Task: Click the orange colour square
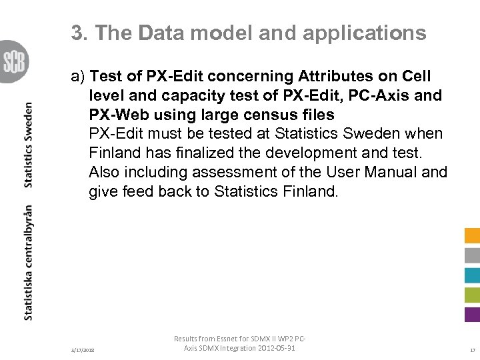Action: pos(472,235)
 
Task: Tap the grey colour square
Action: pos(472,255)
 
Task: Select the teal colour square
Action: pos(472,275)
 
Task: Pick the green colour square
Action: pos(472,295)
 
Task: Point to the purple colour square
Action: pos(472,314)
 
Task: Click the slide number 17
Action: pos(472,350)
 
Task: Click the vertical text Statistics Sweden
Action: pos(29,145)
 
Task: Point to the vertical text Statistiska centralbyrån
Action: pos(29,262)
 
